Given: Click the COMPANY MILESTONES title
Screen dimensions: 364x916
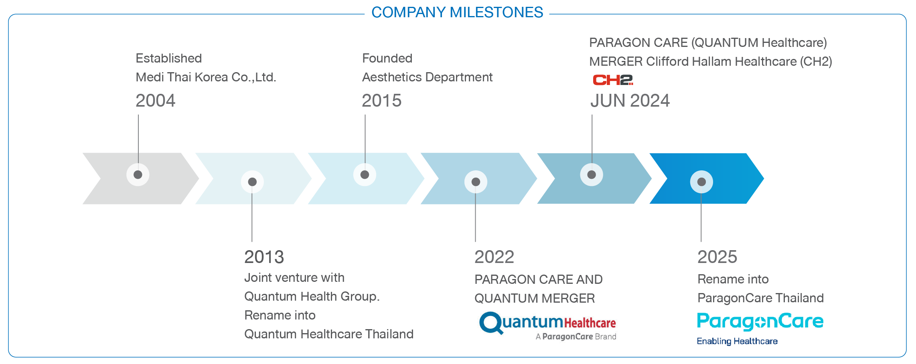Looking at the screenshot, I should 457,12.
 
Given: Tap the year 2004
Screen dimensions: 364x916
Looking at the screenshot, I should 156,101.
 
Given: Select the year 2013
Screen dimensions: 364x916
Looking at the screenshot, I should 264,257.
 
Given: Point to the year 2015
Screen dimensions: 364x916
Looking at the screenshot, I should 381,101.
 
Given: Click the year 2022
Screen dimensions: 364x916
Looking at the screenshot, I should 494,257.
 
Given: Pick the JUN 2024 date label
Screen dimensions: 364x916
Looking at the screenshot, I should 630,101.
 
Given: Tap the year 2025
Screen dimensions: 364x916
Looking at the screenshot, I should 717,257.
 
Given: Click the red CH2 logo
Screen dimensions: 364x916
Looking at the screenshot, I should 613,80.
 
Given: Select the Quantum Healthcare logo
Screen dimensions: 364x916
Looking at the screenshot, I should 547,326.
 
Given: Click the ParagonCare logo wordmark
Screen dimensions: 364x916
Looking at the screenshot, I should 760,322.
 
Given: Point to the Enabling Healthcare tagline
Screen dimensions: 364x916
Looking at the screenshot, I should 737,341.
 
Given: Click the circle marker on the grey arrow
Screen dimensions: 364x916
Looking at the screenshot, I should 138,175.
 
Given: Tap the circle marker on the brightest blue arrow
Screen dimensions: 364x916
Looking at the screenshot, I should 701,182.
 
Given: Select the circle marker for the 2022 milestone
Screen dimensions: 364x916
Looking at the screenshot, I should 476,182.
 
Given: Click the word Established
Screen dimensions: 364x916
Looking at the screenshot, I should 168,59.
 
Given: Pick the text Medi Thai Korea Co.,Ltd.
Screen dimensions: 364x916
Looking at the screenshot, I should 206,77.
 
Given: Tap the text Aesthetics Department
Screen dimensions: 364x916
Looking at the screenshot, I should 427,77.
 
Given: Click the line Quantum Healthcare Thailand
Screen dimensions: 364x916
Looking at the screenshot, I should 328,334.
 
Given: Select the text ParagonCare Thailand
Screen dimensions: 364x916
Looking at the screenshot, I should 760,298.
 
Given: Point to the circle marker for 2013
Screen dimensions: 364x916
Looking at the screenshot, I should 252,182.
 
